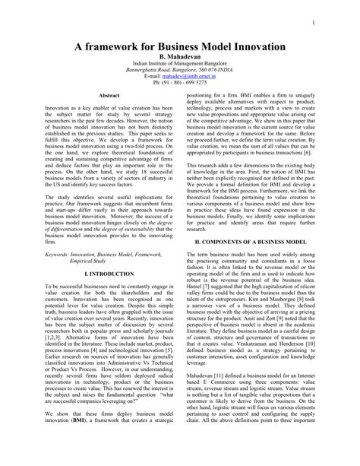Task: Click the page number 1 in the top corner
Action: tap(312, 23)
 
